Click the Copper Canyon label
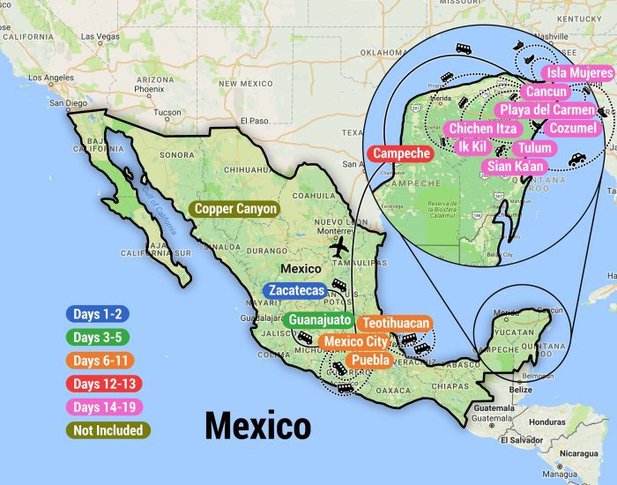(234, 209)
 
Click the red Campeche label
(402, 153)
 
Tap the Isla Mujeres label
(578, 72)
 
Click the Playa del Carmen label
(546, 110)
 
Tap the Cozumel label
(572, 129)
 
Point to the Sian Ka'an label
(517, 166)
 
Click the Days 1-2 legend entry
(98, 313)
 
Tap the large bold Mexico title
(257, 427)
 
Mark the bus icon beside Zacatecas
(340, 286)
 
